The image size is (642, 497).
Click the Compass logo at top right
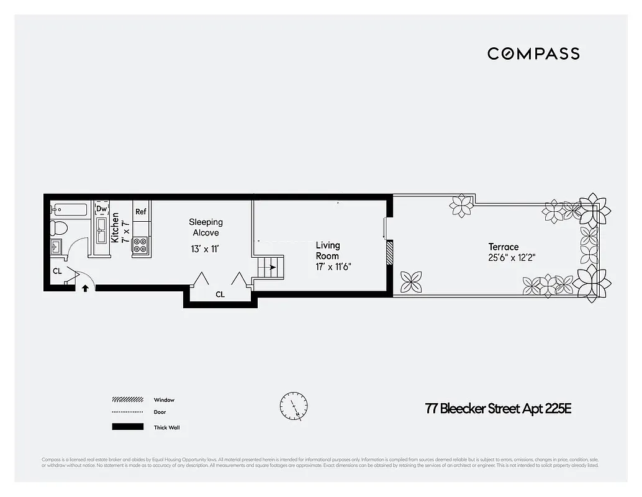pyautogui.click(x=533, y=53)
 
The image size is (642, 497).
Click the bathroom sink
pyautogui.click(x=57, y=247)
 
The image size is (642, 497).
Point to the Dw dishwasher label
pyautogui.click(x=101, y=209)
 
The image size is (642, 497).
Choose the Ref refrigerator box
pyautogui.click(x=141, y=211)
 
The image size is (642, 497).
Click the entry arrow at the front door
pyautogui.click(x=85, y=288)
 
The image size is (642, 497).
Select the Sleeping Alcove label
pyautogui.click(x=206, y=227)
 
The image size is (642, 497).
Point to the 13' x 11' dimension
pyautogui.click(x=206, y=249)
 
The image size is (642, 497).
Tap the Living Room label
pyautogui.click(x=327, y=250)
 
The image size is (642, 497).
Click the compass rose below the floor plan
pyautogui.click(x=293, y=407)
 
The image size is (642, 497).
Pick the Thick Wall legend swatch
pyautogui.click(x=128, y=427)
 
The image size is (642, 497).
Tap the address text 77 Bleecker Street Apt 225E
pyautogui.click(x=498, y=409)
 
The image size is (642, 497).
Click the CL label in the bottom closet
pyautogui.click(x=220, y=294)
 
